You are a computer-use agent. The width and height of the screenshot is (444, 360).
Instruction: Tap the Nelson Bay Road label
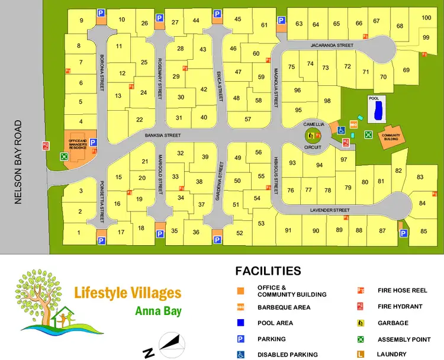tap(18, 162)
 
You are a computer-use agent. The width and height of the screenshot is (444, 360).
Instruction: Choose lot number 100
tap(426, 18)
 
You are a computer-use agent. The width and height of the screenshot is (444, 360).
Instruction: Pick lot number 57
tap(248, 119)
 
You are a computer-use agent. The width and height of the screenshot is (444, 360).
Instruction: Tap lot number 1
tap(78, 233)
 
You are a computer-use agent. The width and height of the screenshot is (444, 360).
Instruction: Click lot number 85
tap(423, 231)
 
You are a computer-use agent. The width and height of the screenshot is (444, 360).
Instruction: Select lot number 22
tap(140, 120)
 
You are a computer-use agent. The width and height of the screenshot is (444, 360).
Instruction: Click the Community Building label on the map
tap(391, 136)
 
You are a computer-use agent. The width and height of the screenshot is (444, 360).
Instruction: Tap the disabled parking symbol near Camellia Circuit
tap(341, 130)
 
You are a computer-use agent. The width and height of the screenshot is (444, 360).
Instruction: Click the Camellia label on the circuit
tap(314, 124)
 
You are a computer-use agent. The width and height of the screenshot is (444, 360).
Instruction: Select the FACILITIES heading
tap(268, 271)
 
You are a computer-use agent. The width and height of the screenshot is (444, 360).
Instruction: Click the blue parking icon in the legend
tap(241, 339)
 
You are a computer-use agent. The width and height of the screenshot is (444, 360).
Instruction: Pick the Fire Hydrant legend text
tap(400, 306)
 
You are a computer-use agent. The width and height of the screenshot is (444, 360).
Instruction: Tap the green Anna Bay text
tap(158, 311)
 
